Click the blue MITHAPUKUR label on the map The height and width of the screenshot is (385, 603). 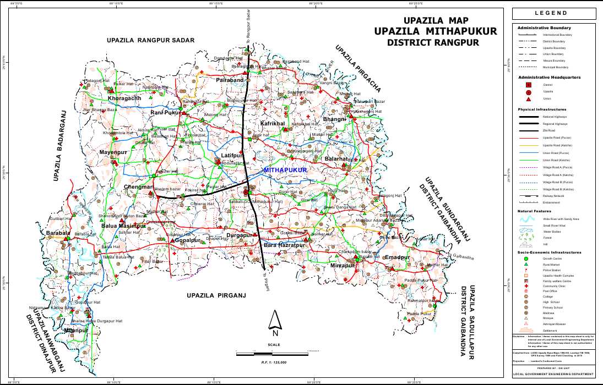click(285, 170)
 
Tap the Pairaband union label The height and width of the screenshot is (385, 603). click(230, 80)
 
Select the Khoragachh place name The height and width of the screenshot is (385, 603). click(124, 98)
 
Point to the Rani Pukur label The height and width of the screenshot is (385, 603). click(165, 113)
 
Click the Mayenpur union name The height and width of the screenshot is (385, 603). click(113, 152)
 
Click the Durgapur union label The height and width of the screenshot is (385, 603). click(240, 235)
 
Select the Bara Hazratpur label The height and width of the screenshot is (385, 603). click(284, 244)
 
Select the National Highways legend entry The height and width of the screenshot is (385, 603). click(555, 117)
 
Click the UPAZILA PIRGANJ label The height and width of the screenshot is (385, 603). click(215, 295)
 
